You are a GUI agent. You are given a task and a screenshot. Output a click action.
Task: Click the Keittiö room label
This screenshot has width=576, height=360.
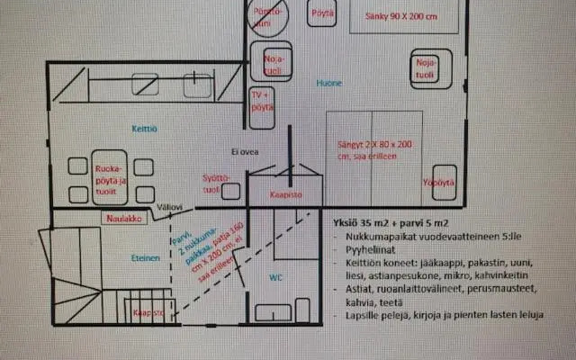145,129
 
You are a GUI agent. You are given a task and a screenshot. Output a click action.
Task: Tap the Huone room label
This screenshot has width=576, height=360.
328,83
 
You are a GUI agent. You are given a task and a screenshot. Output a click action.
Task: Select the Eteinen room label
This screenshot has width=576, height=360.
145,256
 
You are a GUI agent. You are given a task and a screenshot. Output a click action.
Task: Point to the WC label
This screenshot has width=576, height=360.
276,277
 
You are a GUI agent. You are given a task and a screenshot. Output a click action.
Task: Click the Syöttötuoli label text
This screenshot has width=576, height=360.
211,183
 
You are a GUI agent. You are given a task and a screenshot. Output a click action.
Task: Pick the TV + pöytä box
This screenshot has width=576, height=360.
262,100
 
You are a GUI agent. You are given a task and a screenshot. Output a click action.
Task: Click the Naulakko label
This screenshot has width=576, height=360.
120,217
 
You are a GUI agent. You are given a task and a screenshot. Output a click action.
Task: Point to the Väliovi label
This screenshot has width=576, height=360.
170,207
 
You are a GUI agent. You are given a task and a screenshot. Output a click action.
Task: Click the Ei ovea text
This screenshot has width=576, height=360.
246,151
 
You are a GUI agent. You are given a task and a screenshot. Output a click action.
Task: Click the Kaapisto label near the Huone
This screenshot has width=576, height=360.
287,193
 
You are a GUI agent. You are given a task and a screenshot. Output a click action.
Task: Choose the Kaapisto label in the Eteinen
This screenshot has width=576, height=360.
148,312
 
